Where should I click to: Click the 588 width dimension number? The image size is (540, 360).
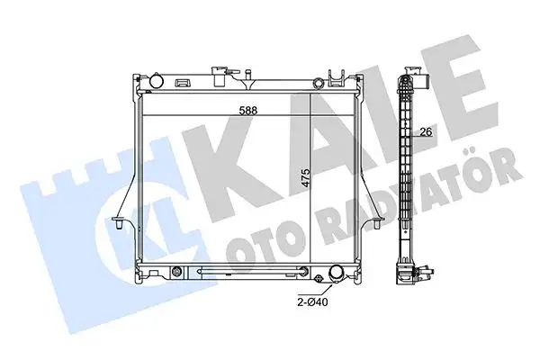click(248, 110)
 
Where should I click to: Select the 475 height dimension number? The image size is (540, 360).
click(306, 178)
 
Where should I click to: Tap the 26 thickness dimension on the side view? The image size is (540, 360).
click(426, 131)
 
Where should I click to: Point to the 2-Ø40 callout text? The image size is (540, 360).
click(312, 302)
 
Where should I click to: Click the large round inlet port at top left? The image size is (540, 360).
click(157, 81)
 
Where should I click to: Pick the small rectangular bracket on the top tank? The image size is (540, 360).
click(182, 83)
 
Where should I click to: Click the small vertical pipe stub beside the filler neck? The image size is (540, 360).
click(247, 76)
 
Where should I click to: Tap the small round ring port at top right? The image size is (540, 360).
click(318, 83)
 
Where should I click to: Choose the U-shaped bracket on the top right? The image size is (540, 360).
click(337, 78)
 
